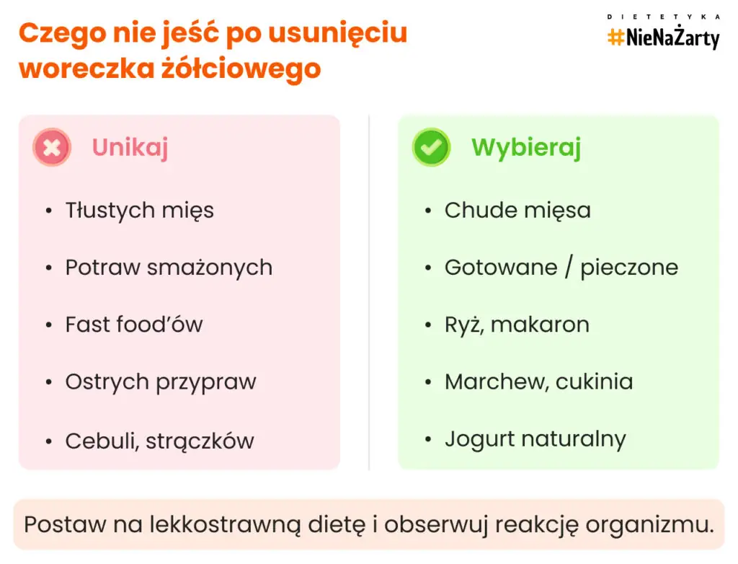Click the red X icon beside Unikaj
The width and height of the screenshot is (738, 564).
pos(52,148)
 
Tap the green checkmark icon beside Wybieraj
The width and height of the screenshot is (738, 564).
pos(431,148)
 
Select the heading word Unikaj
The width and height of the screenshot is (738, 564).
pos(130,148)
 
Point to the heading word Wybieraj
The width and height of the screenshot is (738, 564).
pos(526,148)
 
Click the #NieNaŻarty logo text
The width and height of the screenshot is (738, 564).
pos(663,38)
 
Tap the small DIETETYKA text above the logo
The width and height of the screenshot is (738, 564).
pos(663,16)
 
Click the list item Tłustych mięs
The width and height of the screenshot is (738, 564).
pos(139,210)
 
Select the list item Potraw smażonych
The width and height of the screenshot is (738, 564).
pos(169,268)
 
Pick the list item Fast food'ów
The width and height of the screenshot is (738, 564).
pos(134,325)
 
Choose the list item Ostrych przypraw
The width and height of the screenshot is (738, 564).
pos(161,382)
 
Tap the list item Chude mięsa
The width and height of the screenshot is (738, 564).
pos(517,210)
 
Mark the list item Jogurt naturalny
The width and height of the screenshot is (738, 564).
pos(535,439)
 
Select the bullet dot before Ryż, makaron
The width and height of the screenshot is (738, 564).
pos(428,325)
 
